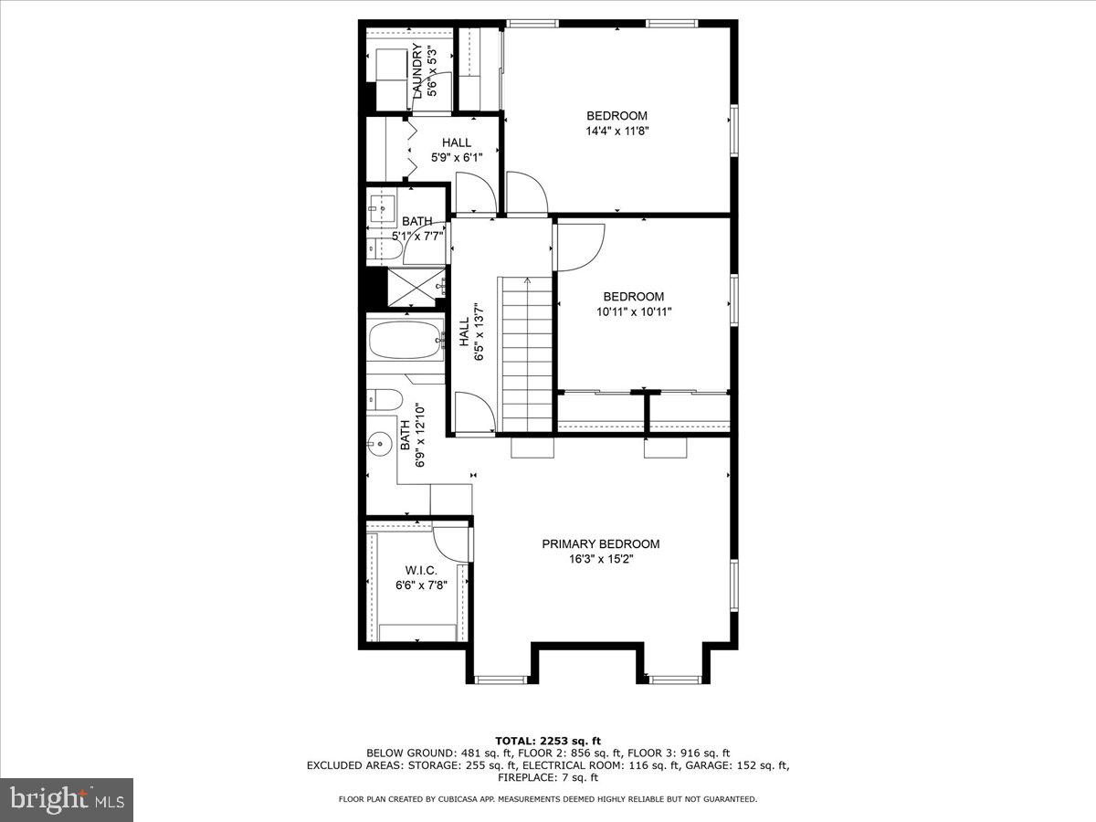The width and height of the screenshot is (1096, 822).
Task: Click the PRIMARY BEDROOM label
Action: tap(600, 543)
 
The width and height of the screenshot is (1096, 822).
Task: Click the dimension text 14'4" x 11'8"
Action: tap(617, 132)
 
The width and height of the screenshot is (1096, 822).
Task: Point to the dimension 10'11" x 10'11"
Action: tap(634, 312)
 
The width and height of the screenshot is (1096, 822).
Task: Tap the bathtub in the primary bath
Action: tap(406, 342)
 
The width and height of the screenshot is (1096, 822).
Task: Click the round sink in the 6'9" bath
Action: tap(376, 445)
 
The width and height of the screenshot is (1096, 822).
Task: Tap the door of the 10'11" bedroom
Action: tap(578, 248)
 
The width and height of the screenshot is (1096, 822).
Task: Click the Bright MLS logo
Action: tap(67, 800)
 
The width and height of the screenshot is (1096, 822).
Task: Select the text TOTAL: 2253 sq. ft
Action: tap(548, 741)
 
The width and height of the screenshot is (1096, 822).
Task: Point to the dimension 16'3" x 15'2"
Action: tap(600, 559)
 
